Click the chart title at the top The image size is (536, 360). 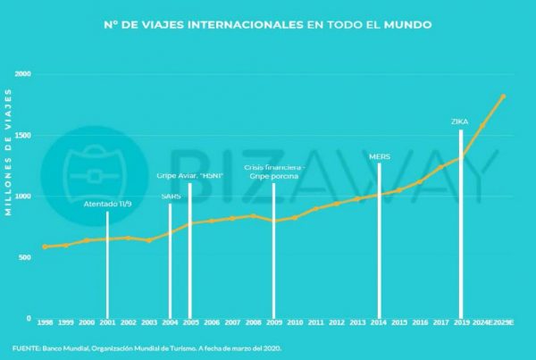pyautogui.click(x=268, y=25)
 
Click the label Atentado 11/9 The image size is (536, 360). pyautogui.click(x=107, y=205)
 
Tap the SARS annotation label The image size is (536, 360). pyautogui.click(x=170, y=197)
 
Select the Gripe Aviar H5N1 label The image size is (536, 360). pyautogui.click(x=189, y=175)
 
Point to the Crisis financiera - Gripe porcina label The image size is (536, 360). pyautogui.click(x=274, y=172)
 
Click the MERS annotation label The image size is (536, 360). pyautogui.click(x=379, y=155)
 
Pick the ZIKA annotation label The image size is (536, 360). pyautogui.click(x=460, y=121)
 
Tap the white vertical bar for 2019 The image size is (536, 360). pyautogui.click(x=460, y=223)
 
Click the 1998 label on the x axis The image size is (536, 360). pyautogui.click(x=45, y=322)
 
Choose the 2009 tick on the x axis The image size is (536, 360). pyautogui.click(x=274, y=322)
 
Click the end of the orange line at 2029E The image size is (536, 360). pyautogui.click(x=503, y=96)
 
